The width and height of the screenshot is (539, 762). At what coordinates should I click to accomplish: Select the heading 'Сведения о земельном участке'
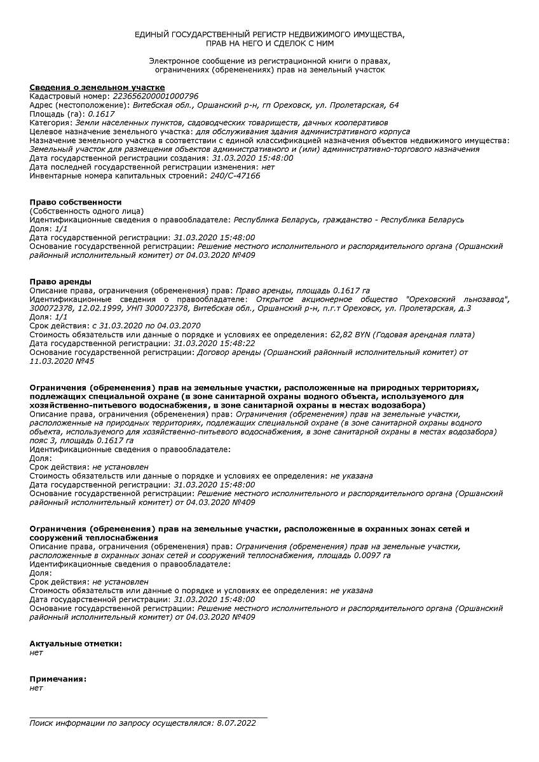(x=97, y=87)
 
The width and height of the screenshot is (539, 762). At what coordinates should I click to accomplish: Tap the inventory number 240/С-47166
(x=235, y=176)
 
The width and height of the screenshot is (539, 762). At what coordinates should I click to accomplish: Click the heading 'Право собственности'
(x=76, y=202)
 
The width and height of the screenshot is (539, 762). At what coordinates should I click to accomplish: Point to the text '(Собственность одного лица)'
(x=86, y=211)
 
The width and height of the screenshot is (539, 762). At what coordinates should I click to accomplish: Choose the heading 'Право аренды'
(x=60, y=281)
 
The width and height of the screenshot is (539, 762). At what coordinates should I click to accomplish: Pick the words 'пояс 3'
(x=42, y=440)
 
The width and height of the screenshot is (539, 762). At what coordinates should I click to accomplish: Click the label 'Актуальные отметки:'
(x=76, y=643)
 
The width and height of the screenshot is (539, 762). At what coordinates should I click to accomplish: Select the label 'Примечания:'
(x=58, y=679)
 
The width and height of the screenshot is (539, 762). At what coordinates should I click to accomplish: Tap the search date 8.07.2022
(x=236, y=723)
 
